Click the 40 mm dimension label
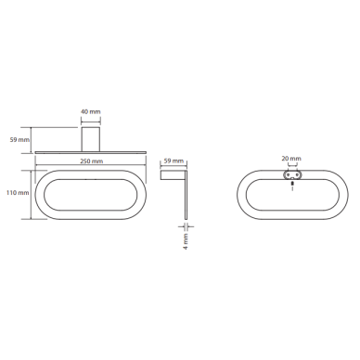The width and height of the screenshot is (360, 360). pos(91,111)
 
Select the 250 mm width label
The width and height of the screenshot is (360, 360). pos(91,161)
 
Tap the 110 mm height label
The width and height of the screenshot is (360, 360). pos(18,193)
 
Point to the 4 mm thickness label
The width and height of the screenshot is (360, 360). pos(186,241)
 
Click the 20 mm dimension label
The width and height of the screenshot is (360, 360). pos(291,159)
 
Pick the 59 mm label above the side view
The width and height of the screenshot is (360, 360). pos(174,161)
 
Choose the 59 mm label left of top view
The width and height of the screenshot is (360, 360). pos(19,140)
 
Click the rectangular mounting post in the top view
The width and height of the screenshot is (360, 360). pos(91,139)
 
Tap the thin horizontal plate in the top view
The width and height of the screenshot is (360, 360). pos(90,152)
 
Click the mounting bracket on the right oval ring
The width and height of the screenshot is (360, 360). pos(291,174)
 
